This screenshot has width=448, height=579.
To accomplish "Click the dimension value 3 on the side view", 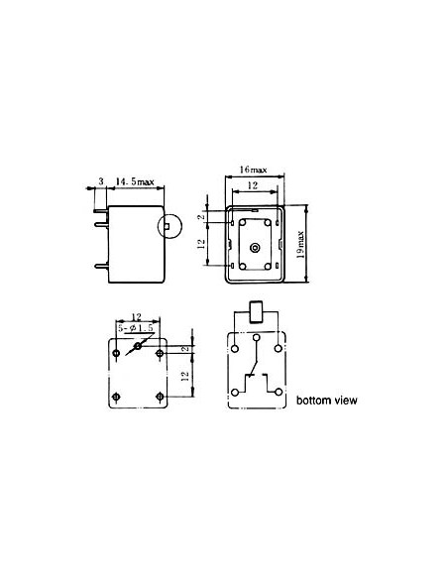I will [x=101, y=181].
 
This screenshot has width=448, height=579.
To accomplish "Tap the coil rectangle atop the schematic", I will [x=256, y=313].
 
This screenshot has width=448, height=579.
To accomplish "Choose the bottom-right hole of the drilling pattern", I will [x=161, y=396].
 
